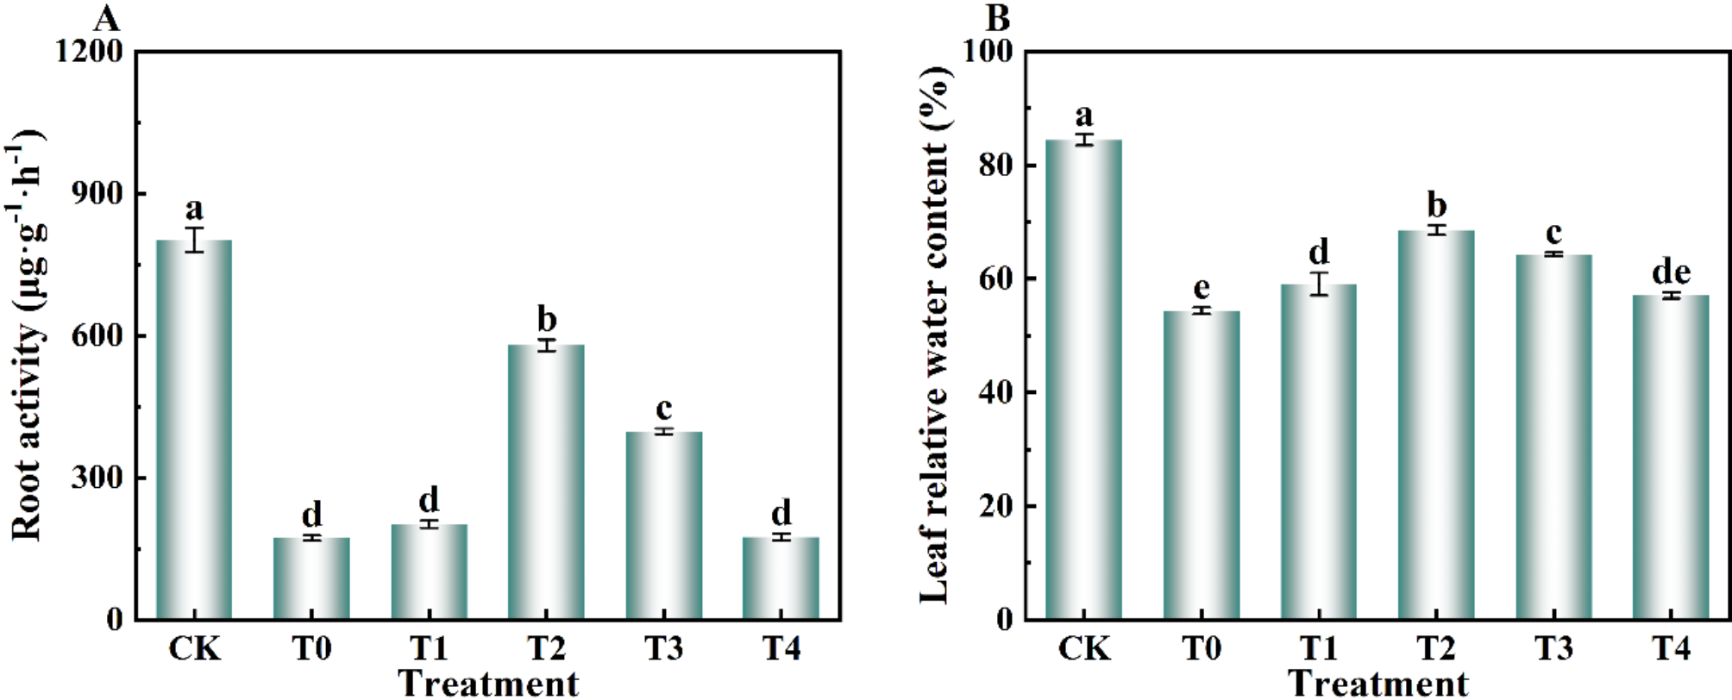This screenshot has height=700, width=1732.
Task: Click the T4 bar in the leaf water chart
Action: tap(1671, 457)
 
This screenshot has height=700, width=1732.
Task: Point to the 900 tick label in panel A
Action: tap(97, 193)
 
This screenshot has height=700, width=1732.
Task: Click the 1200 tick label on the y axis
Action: tap(89, 52)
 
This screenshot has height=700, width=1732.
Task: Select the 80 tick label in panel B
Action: tap(995, 165)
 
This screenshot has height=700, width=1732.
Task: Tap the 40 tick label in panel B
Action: tap(995, 392)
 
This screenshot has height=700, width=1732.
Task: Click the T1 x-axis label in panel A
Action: tap(429, 648)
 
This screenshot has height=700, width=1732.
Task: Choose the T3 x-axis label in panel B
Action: tap(1553, 648)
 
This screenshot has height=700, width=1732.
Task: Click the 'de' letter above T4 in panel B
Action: tap(1671, 272)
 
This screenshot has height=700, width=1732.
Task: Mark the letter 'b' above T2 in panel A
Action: tap(547, 319)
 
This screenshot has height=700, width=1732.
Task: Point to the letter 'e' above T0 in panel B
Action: tap(1201, 288)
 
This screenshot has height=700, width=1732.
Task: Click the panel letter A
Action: tap(106, 17)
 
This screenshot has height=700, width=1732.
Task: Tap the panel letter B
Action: tap(997, 17)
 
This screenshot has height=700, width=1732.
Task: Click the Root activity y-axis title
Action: tap(28, 336)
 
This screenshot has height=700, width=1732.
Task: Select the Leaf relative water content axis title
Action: tap(935, 336)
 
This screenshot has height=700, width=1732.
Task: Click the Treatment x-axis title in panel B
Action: tap(1377, 684)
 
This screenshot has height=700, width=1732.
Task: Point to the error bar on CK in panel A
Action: tap(194, 240)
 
